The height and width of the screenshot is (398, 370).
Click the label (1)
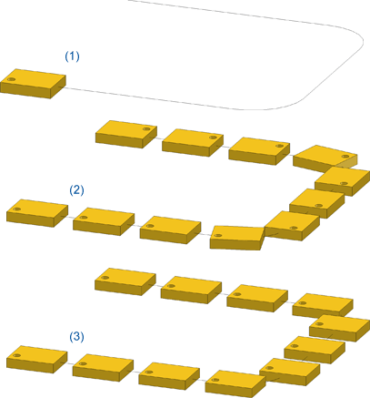72,56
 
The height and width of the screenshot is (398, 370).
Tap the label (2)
76,190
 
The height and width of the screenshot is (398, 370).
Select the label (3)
76,337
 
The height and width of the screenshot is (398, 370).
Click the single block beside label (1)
33,84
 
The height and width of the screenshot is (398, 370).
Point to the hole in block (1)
12,79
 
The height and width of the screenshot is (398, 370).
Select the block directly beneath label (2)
37,213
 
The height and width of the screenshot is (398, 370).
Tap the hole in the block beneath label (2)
17,209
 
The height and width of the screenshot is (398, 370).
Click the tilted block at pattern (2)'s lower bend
237,238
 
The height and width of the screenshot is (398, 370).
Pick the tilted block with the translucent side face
325,158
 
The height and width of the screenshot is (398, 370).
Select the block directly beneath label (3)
36,359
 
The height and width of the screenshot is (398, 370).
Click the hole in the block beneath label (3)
17,355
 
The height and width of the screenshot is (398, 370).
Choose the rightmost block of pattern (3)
340,328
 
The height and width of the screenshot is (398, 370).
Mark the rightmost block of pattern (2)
343,181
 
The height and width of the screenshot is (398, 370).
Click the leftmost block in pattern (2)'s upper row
126,134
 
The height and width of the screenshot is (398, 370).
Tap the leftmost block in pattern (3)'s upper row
125,281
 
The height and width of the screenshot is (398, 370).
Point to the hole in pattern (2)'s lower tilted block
217,236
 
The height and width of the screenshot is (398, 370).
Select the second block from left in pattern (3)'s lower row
103,367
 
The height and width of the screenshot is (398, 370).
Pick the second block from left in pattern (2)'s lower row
104,221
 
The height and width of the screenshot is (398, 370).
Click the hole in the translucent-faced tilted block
345,157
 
